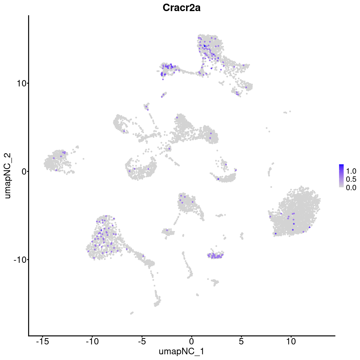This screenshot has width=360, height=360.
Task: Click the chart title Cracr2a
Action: tap(181, 8)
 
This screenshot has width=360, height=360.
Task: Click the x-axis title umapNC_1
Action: tap(181, 351)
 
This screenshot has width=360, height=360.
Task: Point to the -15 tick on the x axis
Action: tap(43, 341)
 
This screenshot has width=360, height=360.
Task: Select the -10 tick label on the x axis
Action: tap(92, 341)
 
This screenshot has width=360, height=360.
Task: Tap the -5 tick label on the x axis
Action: tap(142, 341)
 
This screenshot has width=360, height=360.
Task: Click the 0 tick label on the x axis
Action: tap(191, 341)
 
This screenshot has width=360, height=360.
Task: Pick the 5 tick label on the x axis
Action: tap(241, 341)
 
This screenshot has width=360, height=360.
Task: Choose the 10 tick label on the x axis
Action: tap(291, 341)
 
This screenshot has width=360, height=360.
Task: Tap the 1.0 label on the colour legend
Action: tap(351, 171)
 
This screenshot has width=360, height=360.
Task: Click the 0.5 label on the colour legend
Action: tap(351, 179)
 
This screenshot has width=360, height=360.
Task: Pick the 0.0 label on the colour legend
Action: tap(351, 187)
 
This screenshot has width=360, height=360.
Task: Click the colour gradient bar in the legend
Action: tap(341, 176)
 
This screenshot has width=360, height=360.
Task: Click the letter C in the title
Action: tap(166, 8)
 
